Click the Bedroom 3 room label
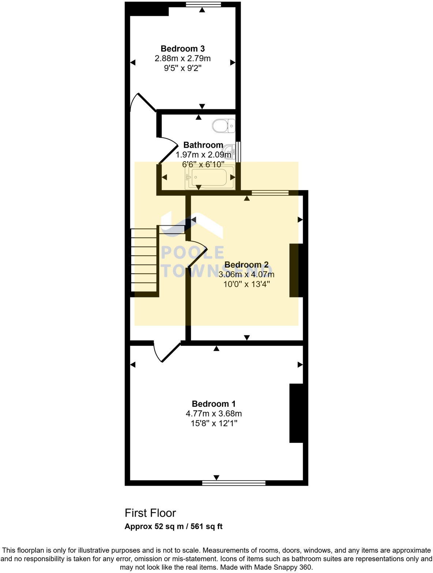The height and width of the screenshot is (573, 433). point(182,49)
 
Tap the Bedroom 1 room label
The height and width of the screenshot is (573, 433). point(214,404)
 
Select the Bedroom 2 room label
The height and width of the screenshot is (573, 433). point(246,265)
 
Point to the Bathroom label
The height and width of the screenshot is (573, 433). point(203,145)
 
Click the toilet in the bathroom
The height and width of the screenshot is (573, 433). point(223,126)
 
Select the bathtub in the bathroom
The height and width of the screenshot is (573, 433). point(210,178)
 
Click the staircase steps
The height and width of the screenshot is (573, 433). point(144,259)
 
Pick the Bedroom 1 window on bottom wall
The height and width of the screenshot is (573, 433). point(234,483)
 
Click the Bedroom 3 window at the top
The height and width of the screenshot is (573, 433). point(203,4)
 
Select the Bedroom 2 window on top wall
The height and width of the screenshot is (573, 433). point(270,193)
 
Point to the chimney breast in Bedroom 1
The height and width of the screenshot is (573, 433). point(296,413)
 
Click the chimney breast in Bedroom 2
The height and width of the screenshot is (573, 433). point(296,270)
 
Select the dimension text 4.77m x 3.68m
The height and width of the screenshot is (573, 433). point(214,414)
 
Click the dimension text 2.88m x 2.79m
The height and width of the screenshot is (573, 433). point(182,58)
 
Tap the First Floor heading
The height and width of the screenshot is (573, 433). point(150,513)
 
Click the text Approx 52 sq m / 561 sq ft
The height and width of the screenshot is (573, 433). point(173,527)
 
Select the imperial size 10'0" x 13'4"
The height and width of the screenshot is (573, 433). point(246,284)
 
